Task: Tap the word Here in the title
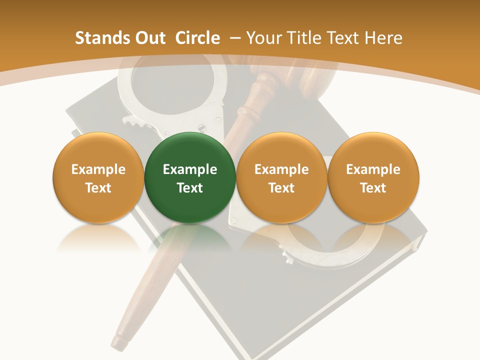[x=383, y=38]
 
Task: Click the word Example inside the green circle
[x=189, y=169]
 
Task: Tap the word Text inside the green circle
[x=189, y=188]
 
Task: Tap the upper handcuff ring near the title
[x=170, y=90]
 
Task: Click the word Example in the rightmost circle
[x=373, y=169]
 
